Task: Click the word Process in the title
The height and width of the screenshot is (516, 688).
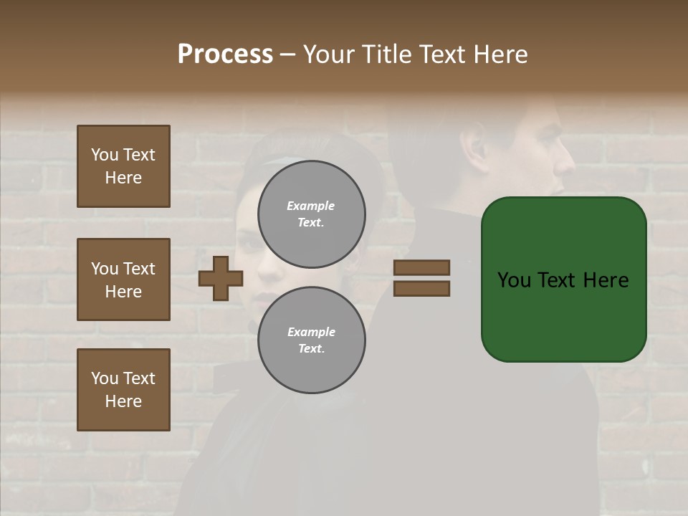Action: pyautogui.click(x=225, y=54)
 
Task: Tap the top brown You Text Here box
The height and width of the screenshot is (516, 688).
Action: pyautogui.click(x=123, y=166)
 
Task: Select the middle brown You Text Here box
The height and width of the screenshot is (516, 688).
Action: pyautogui.click(x=123, y=279)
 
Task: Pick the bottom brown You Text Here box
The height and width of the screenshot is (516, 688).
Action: pyautogui.click(x=123, y=389)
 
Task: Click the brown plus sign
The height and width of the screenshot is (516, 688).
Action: pyautogui.click(x=221, y=278)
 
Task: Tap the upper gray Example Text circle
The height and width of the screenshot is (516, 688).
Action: pyautogui.click(x=312, y=214)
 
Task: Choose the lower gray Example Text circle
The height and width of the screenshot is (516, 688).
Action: pyautogui.click(x=312, y=340)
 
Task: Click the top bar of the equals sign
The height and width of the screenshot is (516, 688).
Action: pyautogui.click(x=421, y=267)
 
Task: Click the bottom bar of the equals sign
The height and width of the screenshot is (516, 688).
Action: pyautogui.click(x=421, y=288)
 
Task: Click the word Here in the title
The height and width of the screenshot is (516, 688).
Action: pyautogui.click(x=502, y=54)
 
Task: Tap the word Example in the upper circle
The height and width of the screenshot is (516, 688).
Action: pyautogui.click(x=311, y=206)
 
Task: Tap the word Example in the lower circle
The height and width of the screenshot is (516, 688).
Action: pyautogui.click(x=311, y=332)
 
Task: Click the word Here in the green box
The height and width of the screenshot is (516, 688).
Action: pyautogui.click(x=606, y=280)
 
